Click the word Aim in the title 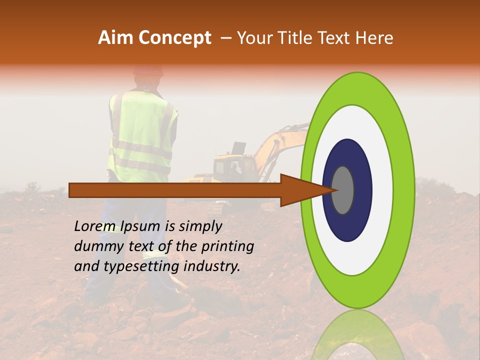[x=116, y=38]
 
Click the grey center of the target [x=343, y=190]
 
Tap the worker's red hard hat [x=148, y=70]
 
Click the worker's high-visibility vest [x=142, y=135]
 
